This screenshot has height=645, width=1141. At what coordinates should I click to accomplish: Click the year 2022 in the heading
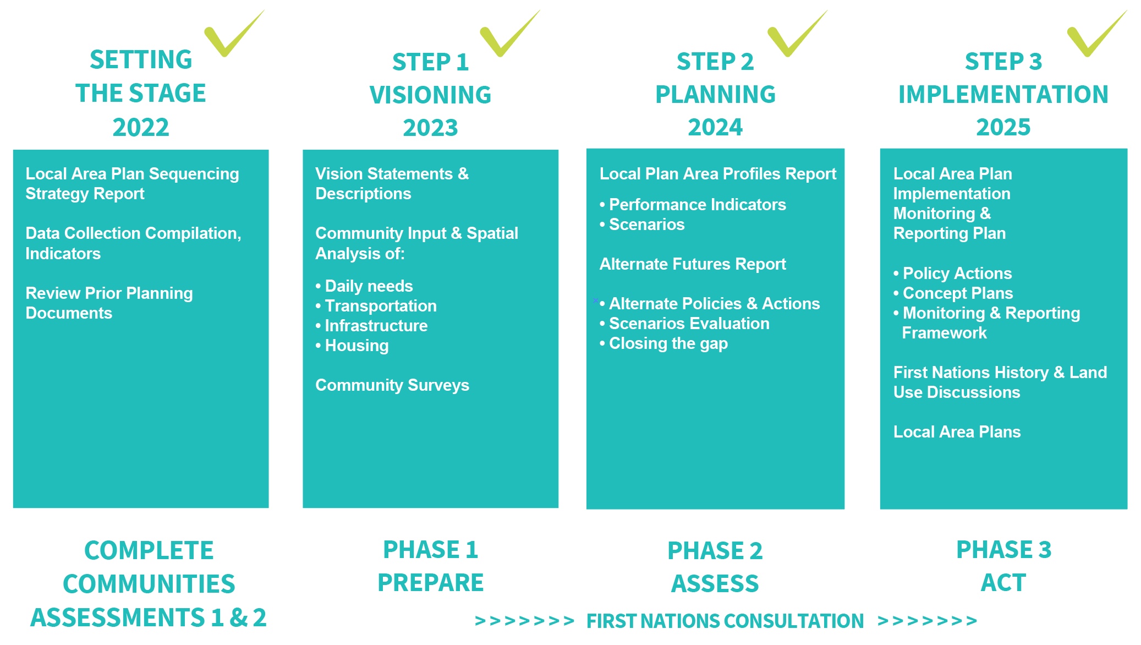pos(141,128)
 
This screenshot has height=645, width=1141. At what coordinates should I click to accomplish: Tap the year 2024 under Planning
pos(715,128)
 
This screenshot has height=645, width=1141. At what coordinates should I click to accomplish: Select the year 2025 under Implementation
pos(1003,128)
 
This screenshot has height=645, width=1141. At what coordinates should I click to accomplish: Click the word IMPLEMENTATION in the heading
pos(1003,95)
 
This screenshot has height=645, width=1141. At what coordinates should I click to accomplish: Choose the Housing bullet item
pos(352,346)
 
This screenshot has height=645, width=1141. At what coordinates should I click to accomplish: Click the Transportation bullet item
pos(376,306)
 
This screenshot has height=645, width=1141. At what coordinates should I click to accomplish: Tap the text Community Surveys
pos(392,385)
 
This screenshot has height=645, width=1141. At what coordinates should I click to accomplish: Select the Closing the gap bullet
pos(663,343)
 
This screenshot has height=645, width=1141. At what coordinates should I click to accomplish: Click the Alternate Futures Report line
pos(693,264)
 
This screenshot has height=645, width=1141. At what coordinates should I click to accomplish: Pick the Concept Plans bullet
pos(953,293)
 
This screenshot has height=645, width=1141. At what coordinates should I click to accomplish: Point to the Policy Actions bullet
pos(952,274)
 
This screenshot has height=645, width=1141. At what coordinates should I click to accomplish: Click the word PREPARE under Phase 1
pos(430,583)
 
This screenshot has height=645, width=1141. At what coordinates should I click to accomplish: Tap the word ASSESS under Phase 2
pos(715,584)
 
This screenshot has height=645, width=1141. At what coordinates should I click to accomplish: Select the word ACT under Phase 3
pos(1003,583)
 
